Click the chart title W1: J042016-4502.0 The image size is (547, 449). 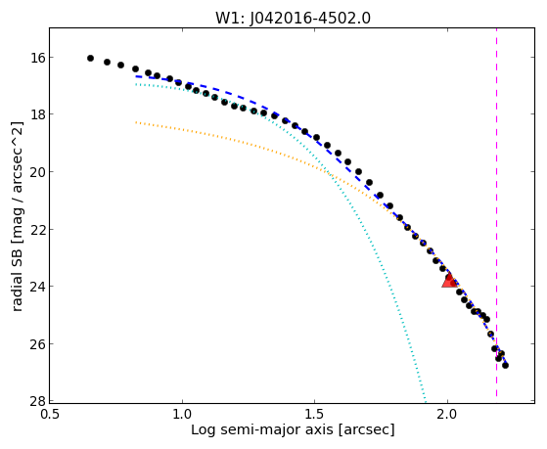click(293, 18)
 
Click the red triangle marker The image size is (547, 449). click(449, 280)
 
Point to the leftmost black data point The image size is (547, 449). click(90, 59)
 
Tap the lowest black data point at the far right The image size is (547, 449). click(505, 365)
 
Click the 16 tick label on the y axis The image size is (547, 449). click(35, 57)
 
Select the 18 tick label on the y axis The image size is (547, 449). click(35, 114)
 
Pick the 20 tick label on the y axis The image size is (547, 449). click(35, 171)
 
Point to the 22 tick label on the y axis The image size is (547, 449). click(35, 229)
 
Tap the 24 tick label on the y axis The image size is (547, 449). click(35, 287)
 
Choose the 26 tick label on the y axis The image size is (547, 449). click(35, 344)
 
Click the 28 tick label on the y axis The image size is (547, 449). click(35, 401)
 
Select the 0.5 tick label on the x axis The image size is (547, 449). click(50, 415)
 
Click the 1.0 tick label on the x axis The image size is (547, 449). click(182, 415)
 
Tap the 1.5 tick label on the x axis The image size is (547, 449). click(315, 415)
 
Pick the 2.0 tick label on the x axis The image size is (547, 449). click(447, 415)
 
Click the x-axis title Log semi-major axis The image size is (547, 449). click(262, 430)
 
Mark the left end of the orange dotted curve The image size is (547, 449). click(136, 122)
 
